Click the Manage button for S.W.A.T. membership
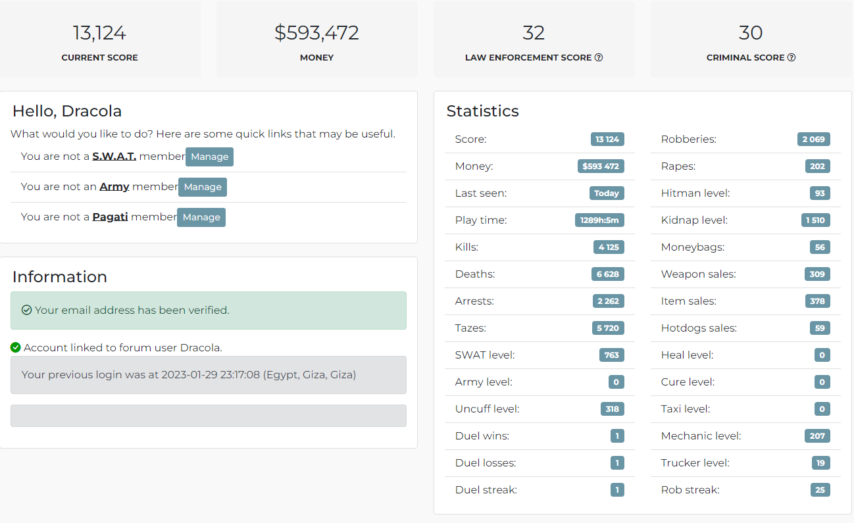pos(209,157)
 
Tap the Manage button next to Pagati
pos(201,217)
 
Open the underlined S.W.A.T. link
pos(114,157)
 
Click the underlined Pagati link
pos(110,217)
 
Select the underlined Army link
pos(114,187)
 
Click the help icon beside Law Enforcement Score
pos(599,57)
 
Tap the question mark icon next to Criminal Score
pos(791,57)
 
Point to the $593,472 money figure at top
pos(316,33)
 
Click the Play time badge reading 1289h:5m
pos(599,220)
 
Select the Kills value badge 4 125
pos(609,247)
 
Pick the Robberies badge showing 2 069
pos(814,139)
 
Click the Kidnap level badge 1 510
pos(815,220)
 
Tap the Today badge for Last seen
pos(607,193)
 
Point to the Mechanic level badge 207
pos(817,436)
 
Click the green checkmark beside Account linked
pos(16,347)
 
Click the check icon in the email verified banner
pos(26,310)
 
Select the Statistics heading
pos(483,111)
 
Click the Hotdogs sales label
pos(699,328)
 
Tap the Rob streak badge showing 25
pos(820,490)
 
